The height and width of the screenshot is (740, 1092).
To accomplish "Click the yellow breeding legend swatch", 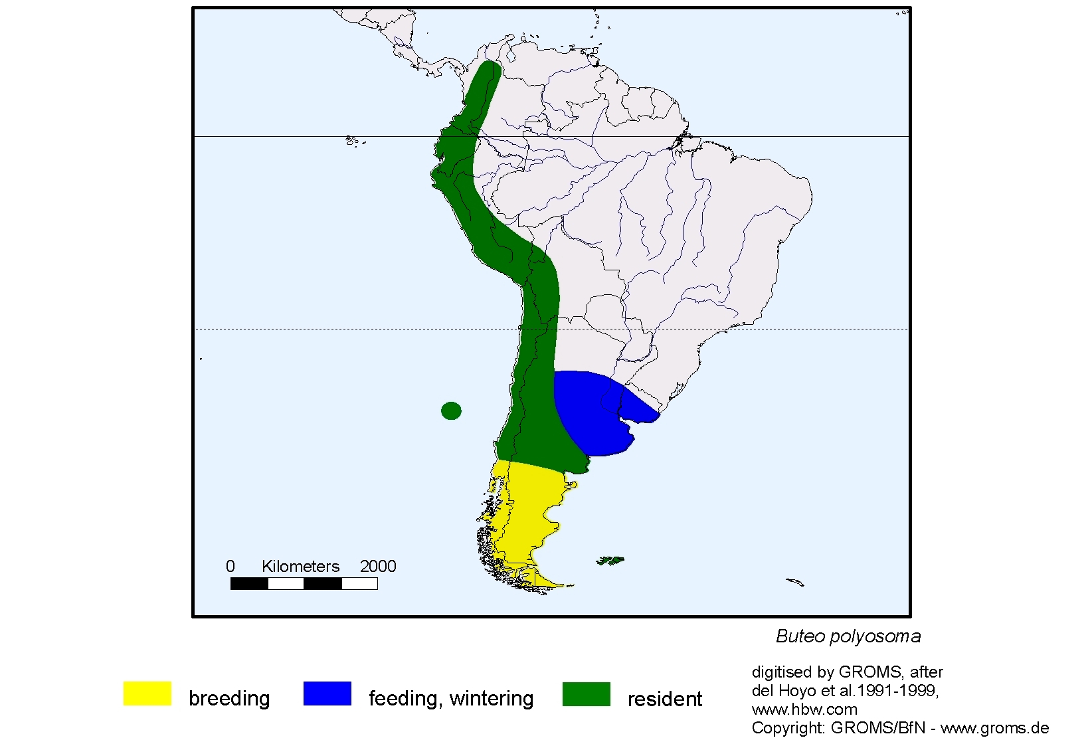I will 147,694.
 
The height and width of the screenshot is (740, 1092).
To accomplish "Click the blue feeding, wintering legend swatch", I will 327,694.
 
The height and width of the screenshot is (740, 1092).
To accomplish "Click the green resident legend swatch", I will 586,694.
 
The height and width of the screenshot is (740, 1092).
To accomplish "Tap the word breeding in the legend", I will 229,699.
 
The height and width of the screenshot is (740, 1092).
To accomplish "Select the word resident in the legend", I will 664,699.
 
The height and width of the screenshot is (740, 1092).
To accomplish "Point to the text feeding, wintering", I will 450,699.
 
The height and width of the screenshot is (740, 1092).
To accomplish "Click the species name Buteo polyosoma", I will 848,636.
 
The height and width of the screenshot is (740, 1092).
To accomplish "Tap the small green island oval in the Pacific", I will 451,411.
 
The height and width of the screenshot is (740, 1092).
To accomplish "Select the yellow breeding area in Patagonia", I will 525,511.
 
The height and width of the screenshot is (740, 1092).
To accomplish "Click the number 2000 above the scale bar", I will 377,567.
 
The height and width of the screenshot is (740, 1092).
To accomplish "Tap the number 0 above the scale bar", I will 230,567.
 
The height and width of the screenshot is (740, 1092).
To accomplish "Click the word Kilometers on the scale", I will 300,567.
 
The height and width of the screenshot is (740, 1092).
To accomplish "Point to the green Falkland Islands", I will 610,561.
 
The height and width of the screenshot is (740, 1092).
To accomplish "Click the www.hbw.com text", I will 804,709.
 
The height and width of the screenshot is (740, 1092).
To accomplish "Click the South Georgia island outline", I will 795,583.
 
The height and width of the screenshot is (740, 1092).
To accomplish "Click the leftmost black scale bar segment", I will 249,584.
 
